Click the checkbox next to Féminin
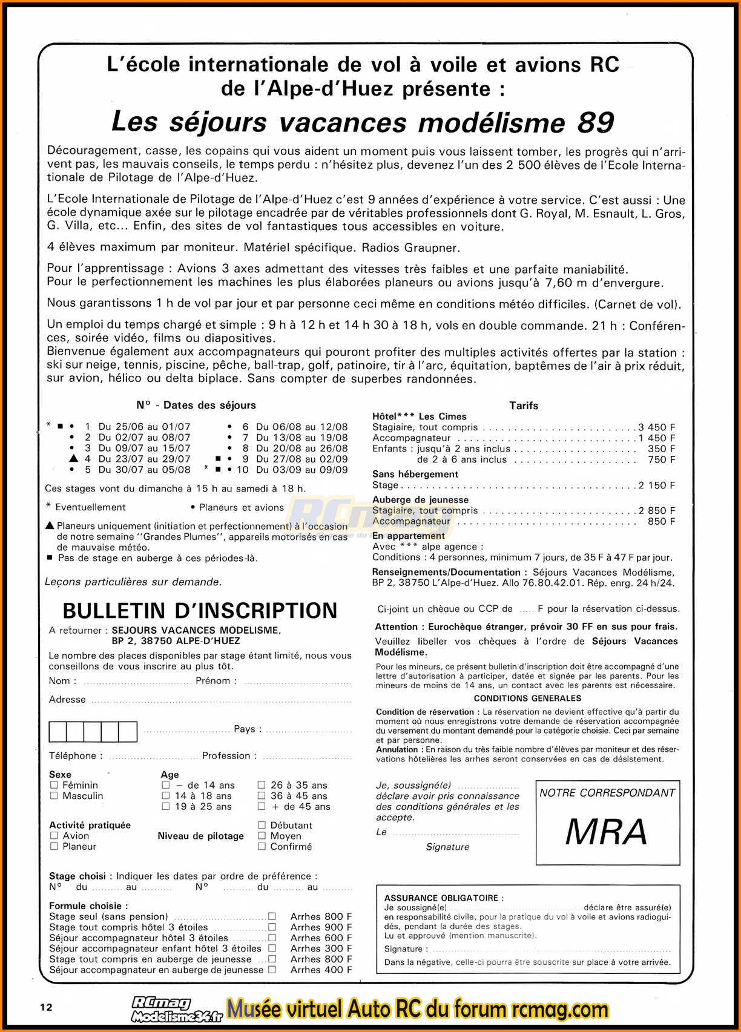(x=54, y=785)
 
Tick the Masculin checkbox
(x=54, y=796)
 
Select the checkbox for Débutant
(x=262, y=825)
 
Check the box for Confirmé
(x=262, y=847)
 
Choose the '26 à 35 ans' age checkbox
(x=262, y=785)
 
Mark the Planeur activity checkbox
(x=54, y=847)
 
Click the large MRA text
(x=607, y=832)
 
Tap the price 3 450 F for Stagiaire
(x=657, y=427)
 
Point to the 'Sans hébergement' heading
(x=415, y=474)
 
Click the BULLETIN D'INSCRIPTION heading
(x=200, y=611)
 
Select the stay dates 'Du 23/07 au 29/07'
(x=145, y=459)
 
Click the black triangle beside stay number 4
(x=73, y=459)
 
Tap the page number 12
(x=46, y=1007)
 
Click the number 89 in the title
(x=596, y=123)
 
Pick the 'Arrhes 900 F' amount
(x=321, y=927)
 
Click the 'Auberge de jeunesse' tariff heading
(x=420, y=500)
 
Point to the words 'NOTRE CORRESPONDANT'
(x=607, y=793)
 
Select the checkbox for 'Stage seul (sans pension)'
(x=272, y=916)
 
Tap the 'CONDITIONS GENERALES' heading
(x=527, y=698)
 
